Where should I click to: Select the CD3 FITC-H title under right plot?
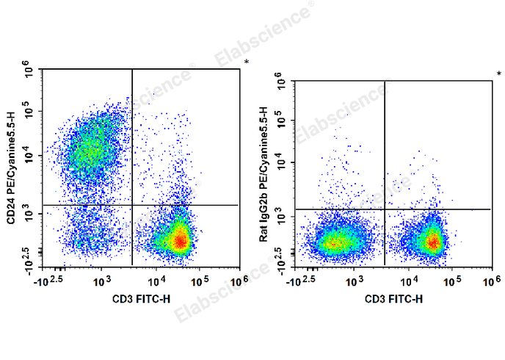393,299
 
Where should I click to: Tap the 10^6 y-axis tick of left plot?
30,72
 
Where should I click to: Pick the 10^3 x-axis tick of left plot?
101,280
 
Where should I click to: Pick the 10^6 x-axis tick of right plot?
490,280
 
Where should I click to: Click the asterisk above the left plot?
247,62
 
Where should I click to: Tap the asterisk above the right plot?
499,74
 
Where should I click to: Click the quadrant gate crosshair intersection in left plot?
132,205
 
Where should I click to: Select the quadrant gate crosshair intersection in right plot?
385,209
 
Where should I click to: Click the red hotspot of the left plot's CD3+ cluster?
179,240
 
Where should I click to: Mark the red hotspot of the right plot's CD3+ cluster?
433,242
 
